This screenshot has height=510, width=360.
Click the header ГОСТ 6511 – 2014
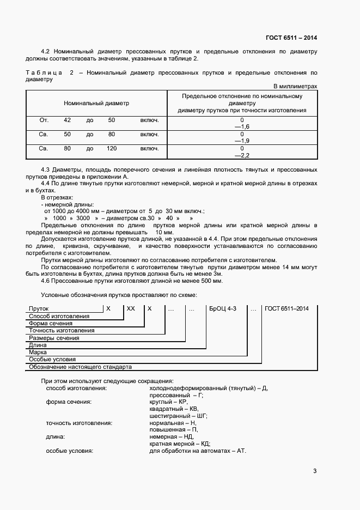(x=291, y=38)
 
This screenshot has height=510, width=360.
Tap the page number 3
(x=315, y=471)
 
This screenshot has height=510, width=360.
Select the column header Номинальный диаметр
(x=96, y=103)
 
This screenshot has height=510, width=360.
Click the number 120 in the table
(x=112, y=148)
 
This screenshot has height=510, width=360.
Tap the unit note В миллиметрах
(x=295, y=86)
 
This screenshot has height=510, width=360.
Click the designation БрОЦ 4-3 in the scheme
(x=224, y=308)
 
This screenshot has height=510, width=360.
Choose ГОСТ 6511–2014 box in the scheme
(x=286, y=308)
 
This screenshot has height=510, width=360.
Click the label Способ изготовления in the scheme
(x=59, y=316)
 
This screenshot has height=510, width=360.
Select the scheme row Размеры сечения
(x=54, y=338)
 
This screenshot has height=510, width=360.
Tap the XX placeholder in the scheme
(x=131, y=308)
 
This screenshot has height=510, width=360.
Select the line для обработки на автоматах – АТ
(x=198, y=451)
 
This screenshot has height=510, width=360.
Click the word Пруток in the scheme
(x=39, y=308)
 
